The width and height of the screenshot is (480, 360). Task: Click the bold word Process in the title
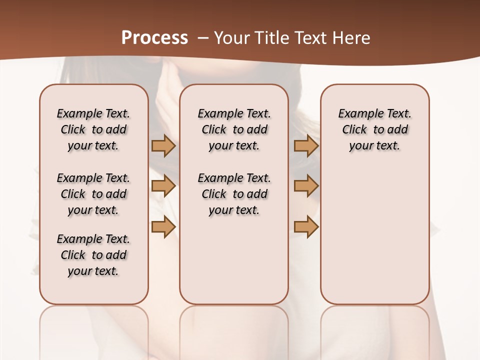[154, 38]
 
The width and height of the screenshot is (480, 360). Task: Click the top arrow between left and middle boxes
[163, 145]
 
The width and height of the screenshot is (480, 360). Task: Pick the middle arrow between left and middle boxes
[163, 186]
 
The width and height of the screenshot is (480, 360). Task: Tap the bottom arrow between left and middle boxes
[163, 227]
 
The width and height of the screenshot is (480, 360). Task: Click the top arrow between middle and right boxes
[306, 145]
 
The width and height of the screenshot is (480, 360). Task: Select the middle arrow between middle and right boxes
[306, 186]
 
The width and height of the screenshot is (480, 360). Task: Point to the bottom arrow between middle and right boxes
[306, 227]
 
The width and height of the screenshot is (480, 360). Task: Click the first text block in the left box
[93, 129]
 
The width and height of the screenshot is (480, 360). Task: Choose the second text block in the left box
[93, 194]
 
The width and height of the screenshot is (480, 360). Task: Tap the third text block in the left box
[93, 255]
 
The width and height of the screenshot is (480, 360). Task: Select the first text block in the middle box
[234, 129]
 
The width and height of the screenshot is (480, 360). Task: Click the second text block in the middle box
[234, 194]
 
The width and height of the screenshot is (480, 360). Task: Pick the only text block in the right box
[375, 129]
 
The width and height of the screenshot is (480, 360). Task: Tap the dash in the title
[203, 38]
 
